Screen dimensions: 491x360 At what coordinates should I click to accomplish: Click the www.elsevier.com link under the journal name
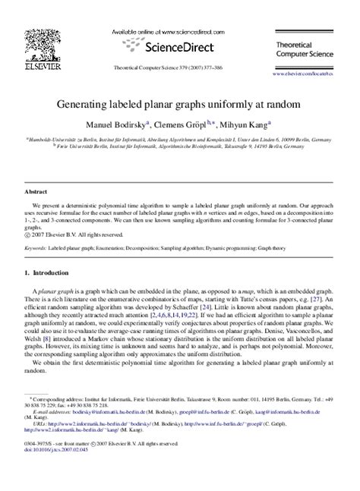tap(319, 75)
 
